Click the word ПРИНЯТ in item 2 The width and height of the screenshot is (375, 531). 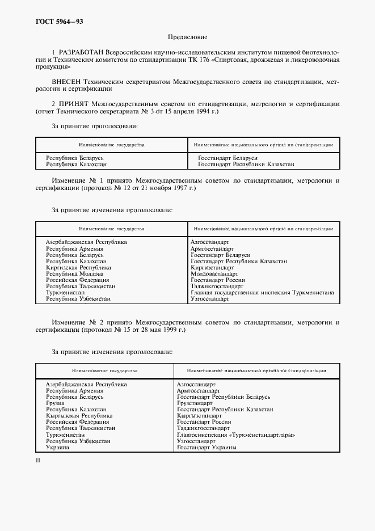(76, 104)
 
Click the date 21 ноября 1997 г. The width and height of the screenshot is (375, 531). (170, 188)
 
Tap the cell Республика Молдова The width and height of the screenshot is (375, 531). (75, 274)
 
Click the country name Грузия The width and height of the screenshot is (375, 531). (55, 403)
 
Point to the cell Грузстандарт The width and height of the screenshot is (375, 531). (195, 403)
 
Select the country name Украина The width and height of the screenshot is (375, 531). (57, 447)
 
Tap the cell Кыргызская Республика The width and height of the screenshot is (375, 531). (79, 416)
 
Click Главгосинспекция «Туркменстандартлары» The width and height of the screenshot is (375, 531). (235, 435)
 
